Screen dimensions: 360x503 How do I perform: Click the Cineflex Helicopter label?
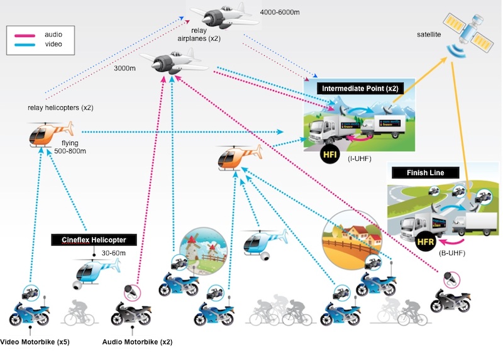tap(93, 240)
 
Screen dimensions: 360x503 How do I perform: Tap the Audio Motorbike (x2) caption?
tap(137, 342)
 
